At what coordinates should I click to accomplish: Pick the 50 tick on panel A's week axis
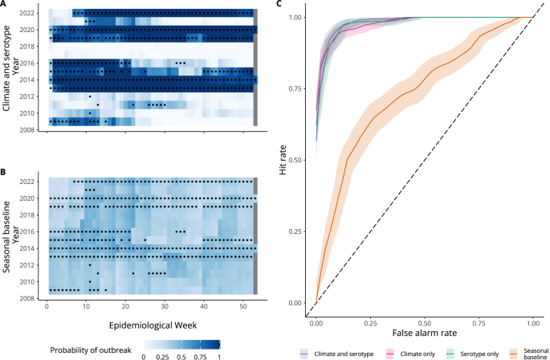click(242, 139)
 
